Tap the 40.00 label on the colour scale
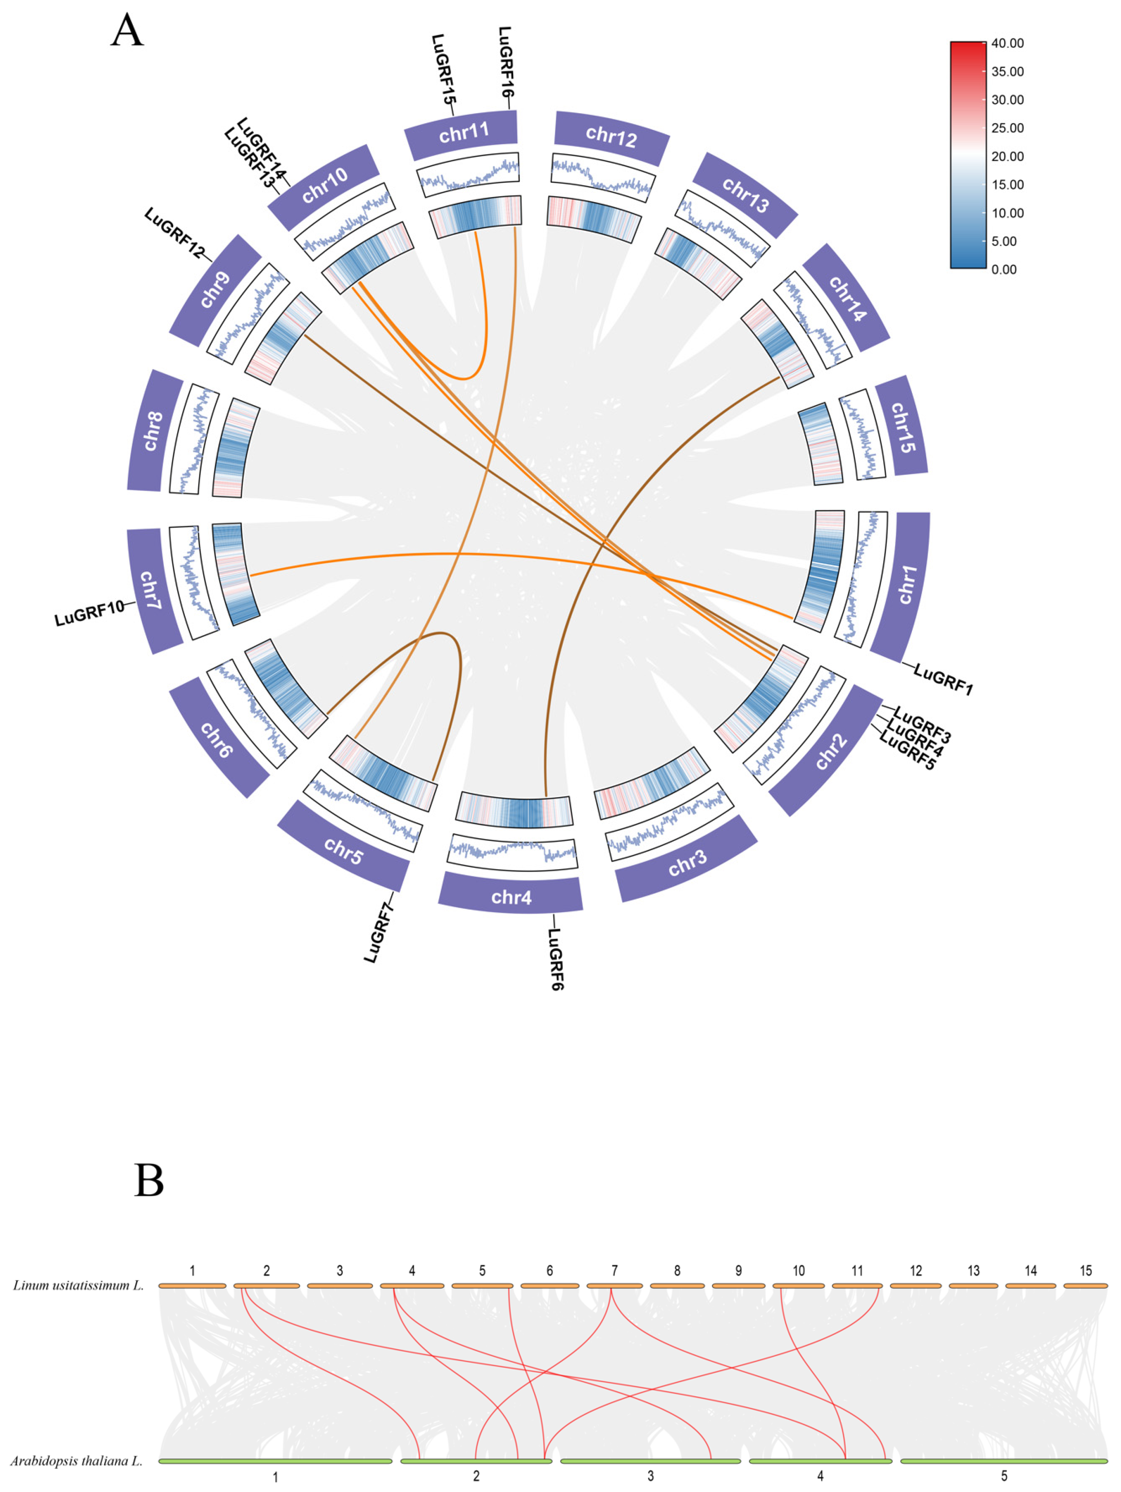tap(1007, 43)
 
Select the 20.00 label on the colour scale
tap(1007, 156)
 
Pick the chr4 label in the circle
tap(511, 897)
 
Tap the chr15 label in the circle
tap(902, 428)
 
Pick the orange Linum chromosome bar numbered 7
tap(614, 1286)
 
